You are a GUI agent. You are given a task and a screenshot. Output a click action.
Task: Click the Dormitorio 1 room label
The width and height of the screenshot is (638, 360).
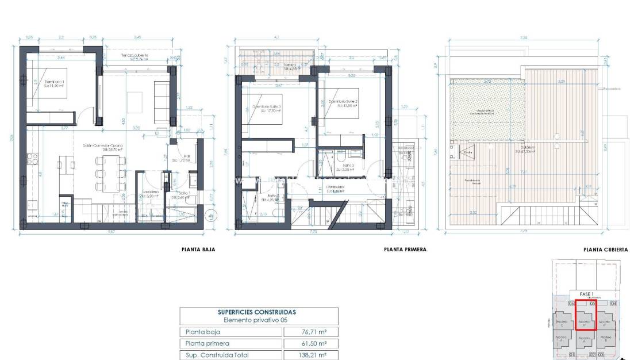point(55,82)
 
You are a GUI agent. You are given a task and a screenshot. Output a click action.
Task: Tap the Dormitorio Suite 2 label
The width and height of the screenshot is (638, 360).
point(343,101)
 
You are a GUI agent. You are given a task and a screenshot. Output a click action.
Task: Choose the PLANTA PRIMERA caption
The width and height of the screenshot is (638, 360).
point(405,250)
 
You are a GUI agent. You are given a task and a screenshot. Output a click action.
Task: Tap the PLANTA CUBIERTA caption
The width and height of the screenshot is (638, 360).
point(605,250)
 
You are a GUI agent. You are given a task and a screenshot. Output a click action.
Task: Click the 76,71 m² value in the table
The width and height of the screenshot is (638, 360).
point(311,332)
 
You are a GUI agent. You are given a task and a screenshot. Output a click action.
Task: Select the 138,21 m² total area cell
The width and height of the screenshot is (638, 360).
point(311,355)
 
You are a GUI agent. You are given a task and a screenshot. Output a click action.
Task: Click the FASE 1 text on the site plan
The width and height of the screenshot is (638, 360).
point(585,293)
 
